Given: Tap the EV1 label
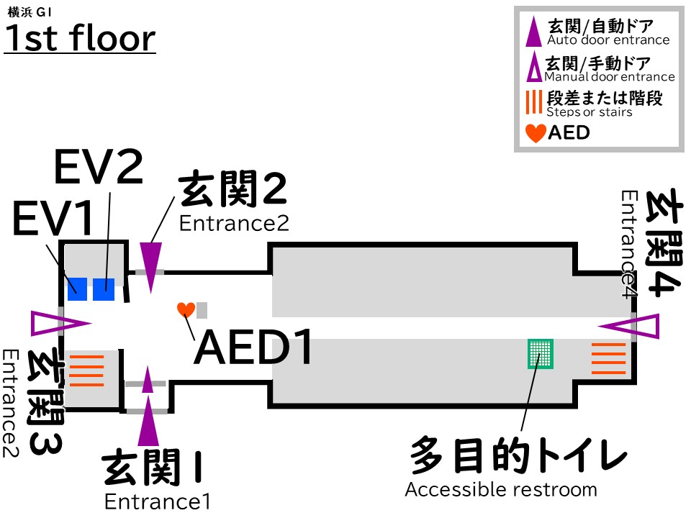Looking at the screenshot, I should pyautogui.click(x=54, y=219).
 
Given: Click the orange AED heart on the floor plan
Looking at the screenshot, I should pyautogui.click(x=186, y=310).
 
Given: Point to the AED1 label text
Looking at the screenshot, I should pyautogui.click(x=254, y=349).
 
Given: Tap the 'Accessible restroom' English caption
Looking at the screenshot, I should pyautogui.click(x=501, y=490).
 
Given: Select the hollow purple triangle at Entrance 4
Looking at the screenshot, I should pyautogui.click(x=633, y=327).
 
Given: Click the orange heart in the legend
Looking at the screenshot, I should pyautogui.click(x=536, y=132).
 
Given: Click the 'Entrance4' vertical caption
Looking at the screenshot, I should pyautogui.click(x=630, y=245).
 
